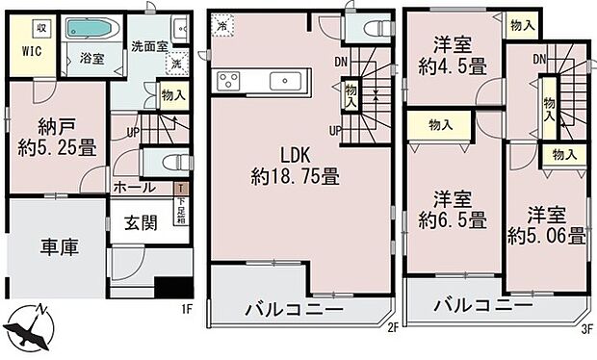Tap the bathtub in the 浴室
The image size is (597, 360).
click(x=91, y=29)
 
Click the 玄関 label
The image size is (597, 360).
click(x=142, y=224)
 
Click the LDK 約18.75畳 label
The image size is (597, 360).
click(x=294, y=166)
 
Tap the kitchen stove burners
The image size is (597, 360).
click(x=229, y=80)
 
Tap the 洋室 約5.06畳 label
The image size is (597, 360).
click(x=546, y=225)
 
